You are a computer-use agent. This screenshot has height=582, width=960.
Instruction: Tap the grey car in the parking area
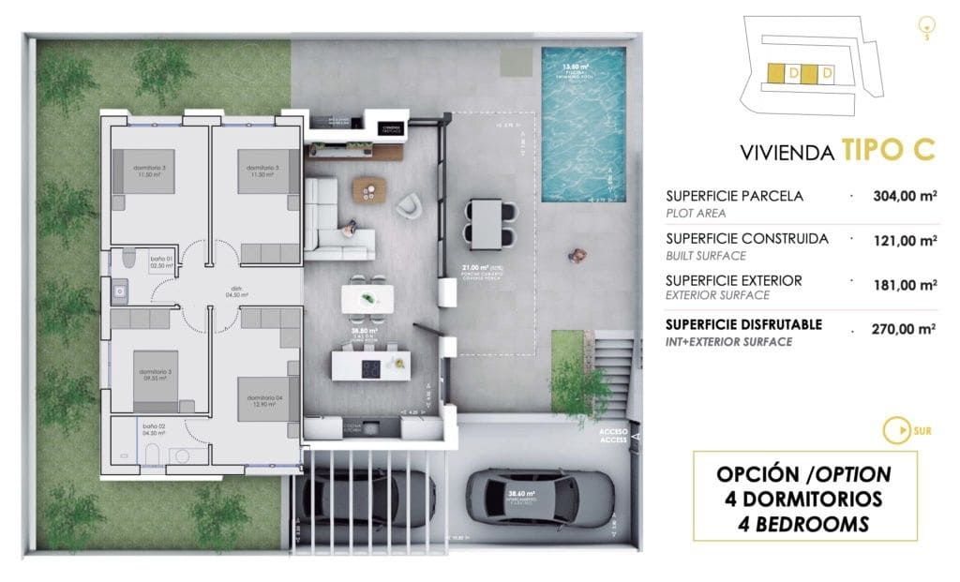[541, 497]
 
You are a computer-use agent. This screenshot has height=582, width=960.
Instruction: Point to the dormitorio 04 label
[265, 400]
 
